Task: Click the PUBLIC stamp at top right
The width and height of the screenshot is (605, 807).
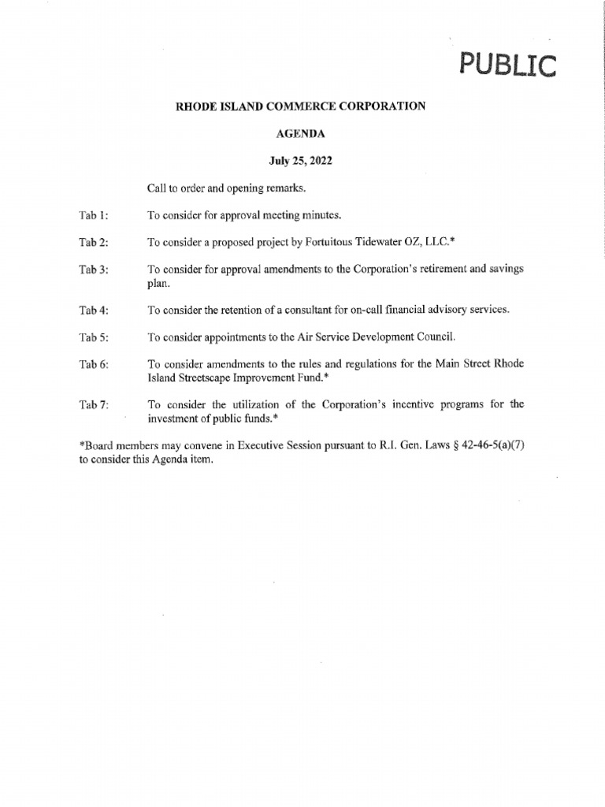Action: [509, 63]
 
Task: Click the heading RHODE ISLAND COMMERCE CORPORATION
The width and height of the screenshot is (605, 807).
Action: [300, 106]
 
